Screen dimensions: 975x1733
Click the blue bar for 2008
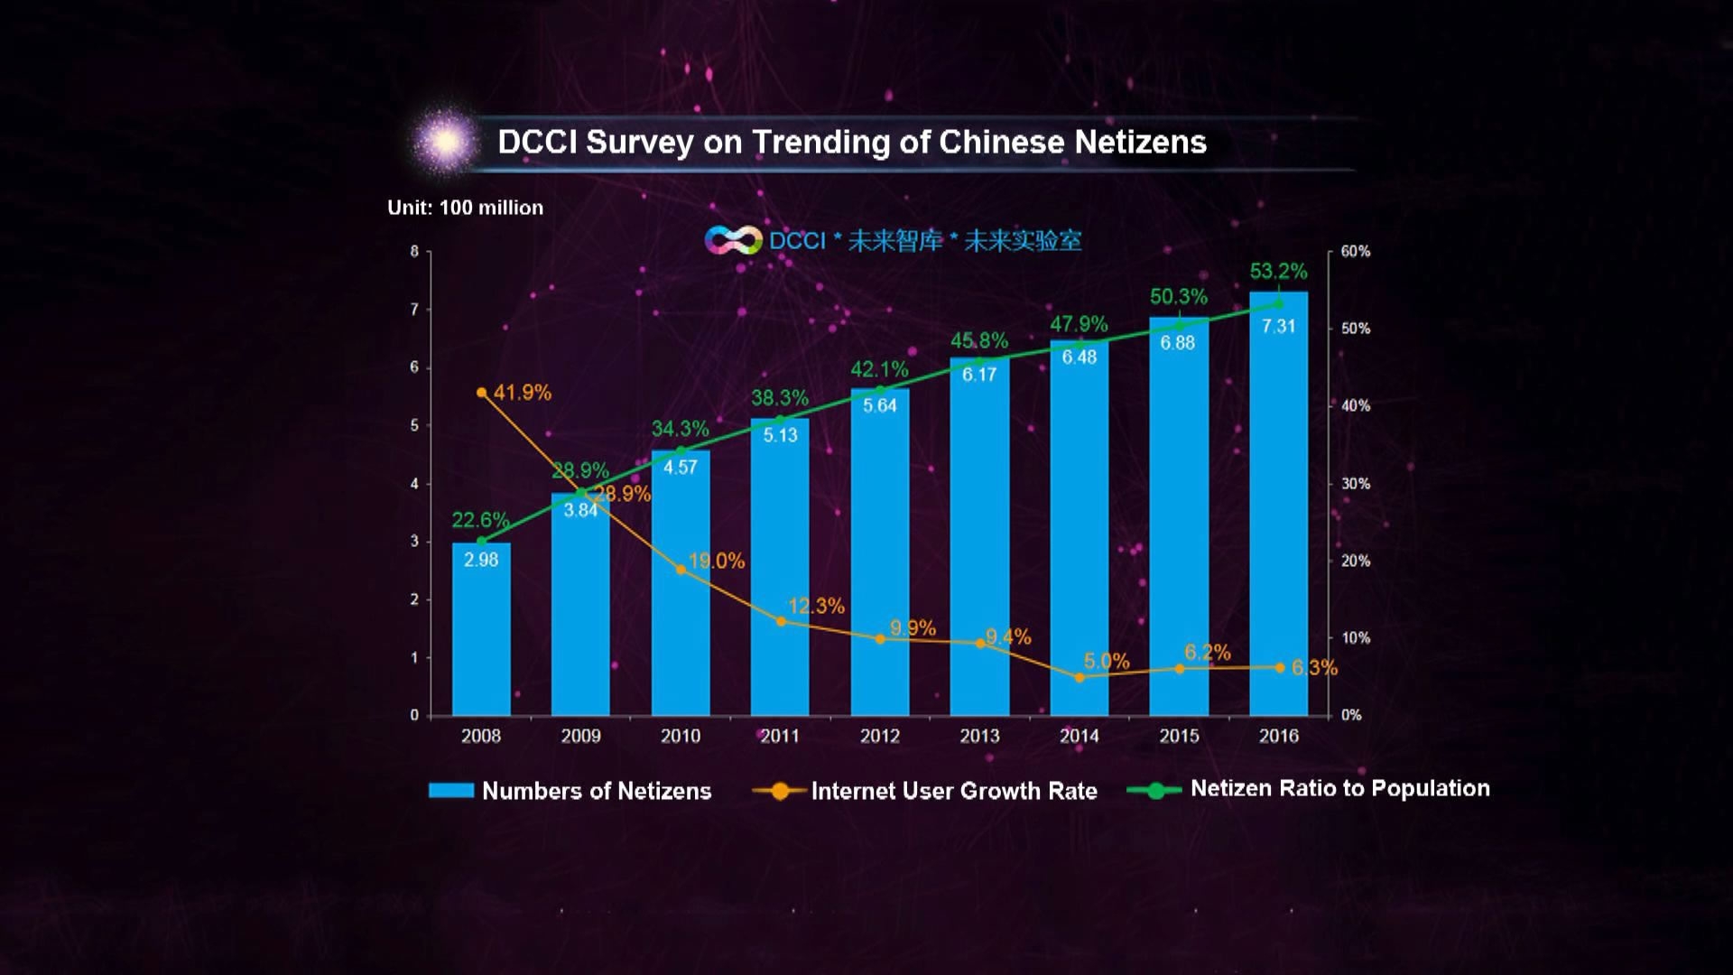481,632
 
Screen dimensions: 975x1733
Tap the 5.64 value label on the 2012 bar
880,405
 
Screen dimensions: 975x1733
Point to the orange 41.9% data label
522,393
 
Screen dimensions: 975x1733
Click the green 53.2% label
1278,271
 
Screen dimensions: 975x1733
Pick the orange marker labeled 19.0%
681,570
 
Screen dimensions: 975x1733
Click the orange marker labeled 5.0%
1080,677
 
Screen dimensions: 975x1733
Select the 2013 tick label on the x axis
979,736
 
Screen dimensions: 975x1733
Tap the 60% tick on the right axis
1355,251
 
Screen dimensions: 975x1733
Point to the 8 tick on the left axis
414,251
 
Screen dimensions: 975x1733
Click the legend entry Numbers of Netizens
596,791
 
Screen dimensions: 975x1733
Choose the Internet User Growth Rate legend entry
953,791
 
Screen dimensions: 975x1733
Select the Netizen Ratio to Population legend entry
1339,788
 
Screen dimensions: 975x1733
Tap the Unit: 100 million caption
465,208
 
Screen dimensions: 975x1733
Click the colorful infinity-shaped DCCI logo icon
733,240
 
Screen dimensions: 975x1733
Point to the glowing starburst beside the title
445,142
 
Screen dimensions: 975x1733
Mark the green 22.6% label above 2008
480,520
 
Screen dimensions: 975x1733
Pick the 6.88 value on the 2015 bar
1178,343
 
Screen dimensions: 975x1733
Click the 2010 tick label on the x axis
681,736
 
